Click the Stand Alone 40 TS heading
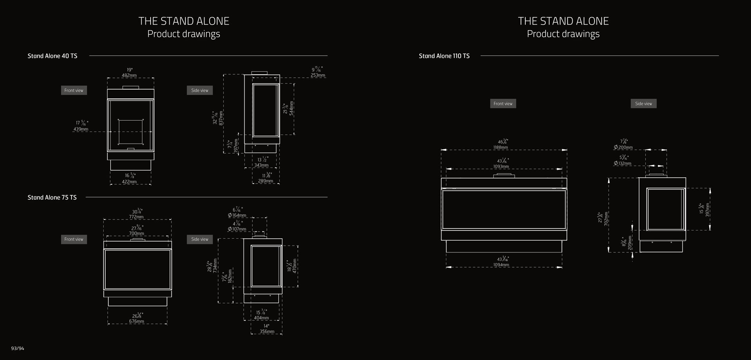pyautogui.click(x=52, y=56)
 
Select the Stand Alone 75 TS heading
pyautogui.click(x=52, y=198)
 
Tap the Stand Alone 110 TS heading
pyautogui.click(x=444, y=56)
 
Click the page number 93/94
pyautogui.click(x=18, y=348)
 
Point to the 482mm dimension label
pyautogui.click(x=129, y=76)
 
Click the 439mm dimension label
pyautogui.click(x=81, y=129)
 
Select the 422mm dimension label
pyautogui.click(x=129, y=182)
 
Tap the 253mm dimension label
pyautogui.click(x=318, y=75)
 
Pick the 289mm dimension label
pyautogui.click(x=266, y=181)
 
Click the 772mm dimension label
pyautogui.click(x=137, y=217)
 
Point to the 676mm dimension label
pyautogui.click(x=137, y=321)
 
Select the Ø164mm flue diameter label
pyautogui.click(x=237, y=215)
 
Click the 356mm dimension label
pyautogui.click(x=267, y=331)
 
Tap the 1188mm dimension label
pyautogui.click(x=501, y=148)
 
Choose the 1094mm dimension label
pyautogui.click(x=501, y=265)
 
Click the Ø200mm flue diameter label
pyautogui.click(x=623, y=148)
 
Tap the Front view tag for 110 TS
pyautogui.click(x=503, y=104)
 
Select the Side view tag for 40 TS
pyautogui.click(x=200, y=90)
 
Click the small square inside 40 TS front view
pyautogui.click(x=131, y=132)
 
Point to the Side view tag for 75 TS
pyautogui.click(x=200, y=239)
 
